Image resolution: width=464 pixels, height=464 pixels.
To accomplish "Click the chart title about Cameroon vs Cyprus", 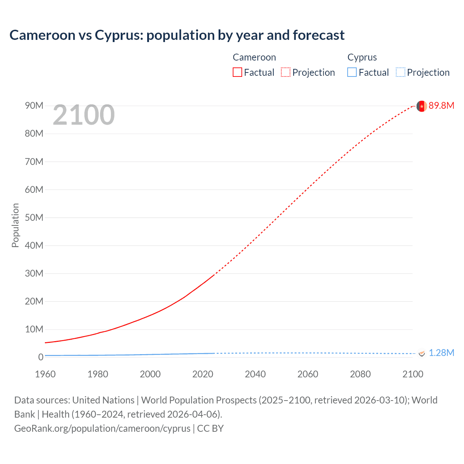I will click(177, 35).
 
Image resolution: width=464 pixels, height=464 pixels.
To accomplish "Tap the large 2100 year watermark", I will click(84, 115).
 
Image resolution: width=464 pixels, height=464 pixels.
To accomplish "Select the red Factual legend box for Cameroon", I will click(237, 72).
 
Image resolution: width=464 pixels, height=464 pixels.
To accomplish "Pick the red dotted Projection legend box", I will click(286, 72).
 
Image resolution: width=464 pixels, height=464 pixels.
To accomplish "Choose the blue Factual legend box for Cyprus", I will click(352, 72).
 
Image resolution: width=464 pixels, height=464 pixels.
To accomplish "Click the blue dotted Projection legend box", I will click(400, 72).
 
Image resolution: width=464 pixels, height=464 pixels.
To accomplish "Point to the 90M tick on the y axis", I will click(34, 105).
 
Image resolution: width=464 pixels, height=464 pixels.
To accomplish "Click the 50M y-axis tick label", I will click(34, 217).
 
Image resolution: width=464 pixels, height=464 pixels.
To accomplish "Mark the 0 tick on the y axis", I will click(41, 357).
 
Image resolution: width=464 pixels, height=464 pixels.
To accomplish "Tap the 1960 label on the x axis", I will click(45, 374).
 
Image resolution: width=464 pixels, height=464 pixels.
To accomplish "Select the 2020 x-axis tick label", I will click(203, 374).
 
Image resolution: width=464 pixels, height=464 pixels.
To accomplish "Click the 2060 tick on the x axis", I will click(308, 374).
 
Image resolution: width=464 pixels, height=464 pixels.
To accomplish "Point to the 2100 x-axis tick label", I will click(413, 374).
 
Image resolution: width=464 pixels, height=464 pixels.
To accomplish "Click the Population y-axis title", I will click(15, 225).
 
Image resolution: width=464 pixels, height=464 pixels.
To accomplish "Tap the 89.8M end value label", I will click(441, 105).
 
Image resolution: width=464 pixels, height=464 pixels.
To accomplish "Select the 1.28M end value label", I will click(441, 353).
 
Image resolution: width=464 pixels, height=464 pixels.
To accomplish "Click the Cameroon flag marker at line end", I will click(421, 106).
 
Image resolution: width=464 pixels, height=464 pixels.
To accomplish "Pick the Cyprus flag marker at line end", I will click(422, 353).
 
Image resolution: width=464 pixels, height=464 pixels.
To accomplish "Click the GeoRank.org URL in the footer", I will click(102, 428).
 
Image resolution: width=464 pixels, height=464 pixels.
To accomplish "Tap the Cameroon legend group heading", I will click(254, 57).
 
